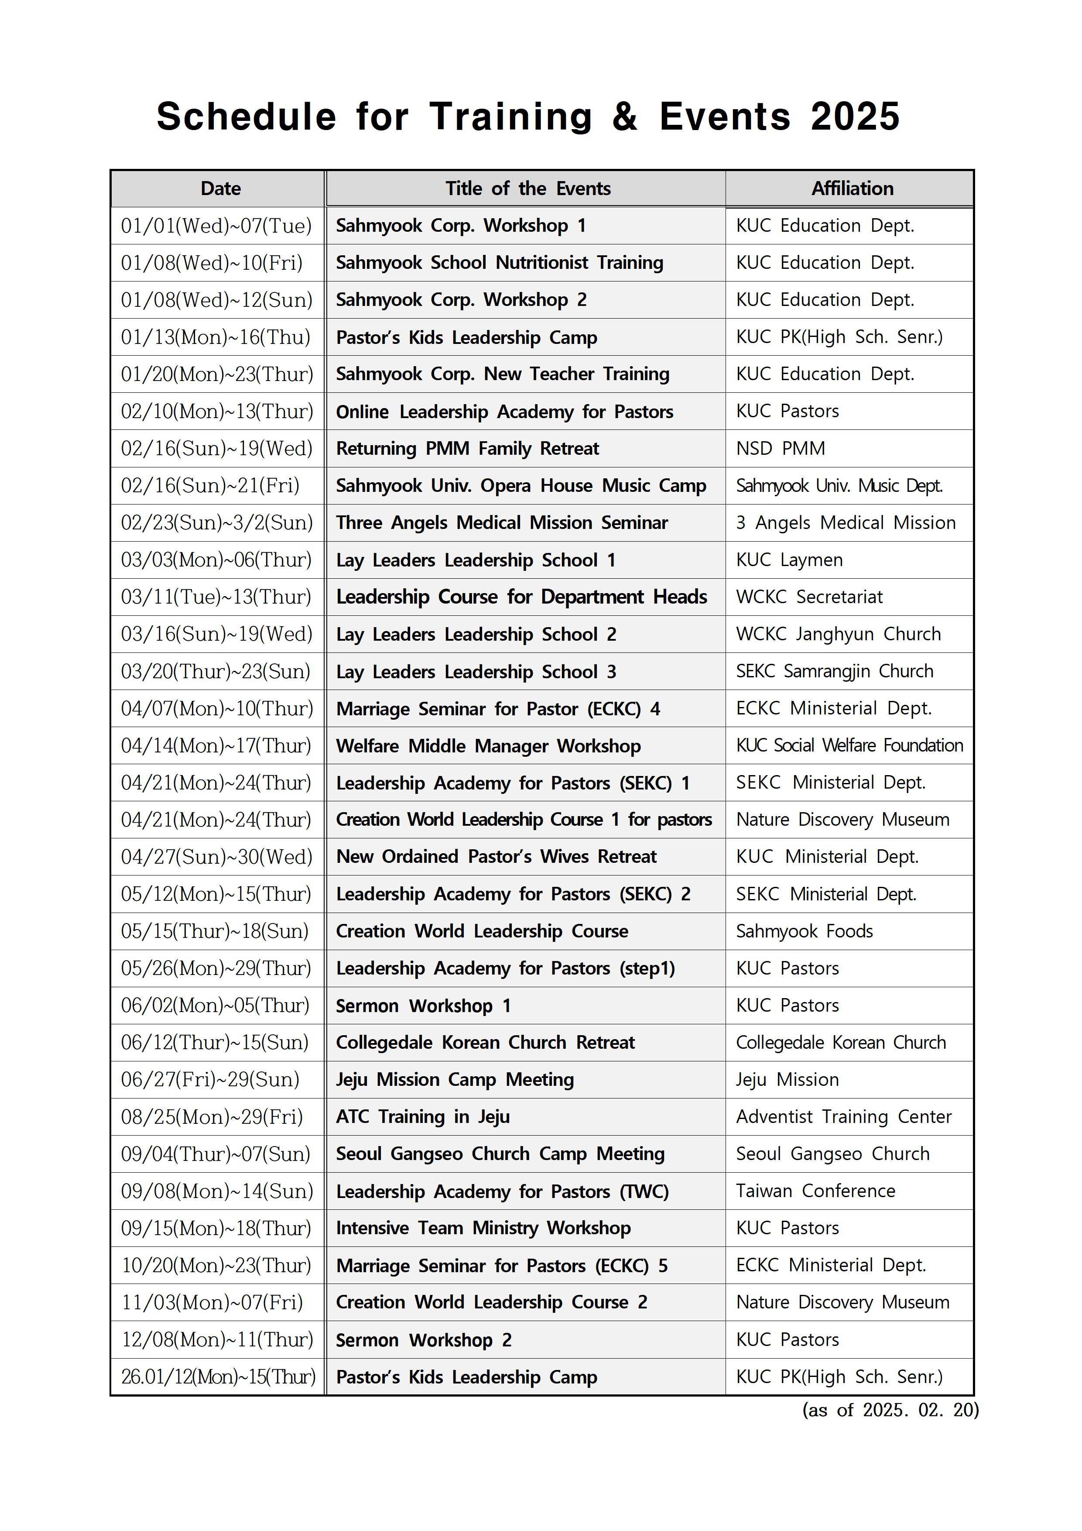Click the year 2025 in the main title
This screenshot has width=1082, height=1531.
coord(855,117)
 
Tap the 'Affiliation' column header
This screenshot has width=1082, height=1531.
coord(852,189)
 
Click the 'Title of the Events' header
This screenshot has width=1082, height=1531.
coord(528,189)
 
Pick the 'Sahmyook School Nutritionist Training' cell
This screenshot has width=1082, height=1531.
coord(499,263)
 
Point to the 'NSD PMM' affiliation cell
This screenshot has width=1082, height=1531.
coord(780,448)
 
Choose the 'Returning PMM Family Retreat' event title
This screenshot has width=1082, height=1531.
coord(467,448)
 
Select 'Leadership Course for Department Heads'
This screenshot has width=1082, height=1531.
coord(521,597)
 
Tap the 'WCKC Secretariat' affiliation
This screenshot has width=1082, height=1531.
coord(809,597)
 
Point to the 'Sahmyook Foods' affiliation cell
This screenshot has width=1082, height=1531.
coord(804,931)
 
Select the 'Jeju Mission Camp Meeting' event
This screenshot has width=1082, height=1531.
coord(455,1080)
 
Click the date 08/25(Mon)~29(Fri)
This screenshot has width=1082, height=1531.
coord(212,1117)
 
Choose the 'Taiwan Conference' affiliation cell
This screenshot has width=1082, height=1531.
coord(815,1191)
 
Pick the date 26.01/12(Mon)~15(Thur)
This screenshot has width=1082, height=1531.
coord(218,1377)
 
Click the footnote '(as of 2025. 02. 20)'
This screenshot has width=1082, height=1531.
coord(890,1410)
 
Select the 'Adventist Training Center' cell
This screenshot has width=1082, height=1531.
coord(843,1117)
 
